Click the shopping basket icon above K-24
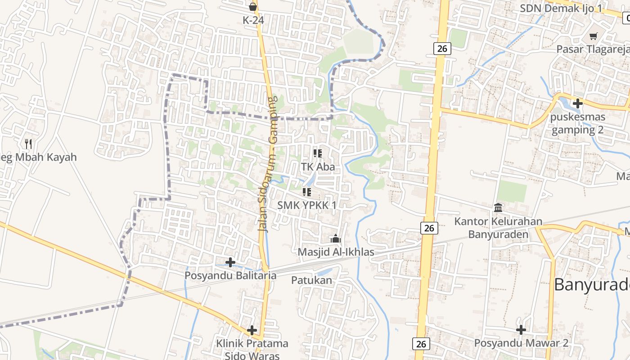253,7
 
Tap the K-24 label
253,20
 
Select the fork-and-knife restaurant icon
28,144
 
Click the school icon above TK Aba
318,153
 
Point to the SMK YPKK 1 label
307,205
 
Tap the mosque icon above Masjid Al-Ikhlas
336,238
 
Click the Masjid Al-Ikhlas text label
336,252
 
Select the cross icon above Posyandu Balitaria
230,262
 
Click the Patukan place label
311,280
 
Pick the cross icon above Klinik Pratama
252,330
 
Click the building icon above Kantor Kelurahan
499,207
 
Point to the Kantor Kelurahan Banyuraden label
498,228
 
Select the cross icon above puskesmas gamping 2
577,103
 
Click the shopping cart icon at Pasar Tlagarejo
594,36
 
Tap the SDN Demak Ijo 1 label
561,8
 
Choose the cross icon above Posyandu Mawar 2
521,330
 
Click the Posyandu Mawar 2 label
521,343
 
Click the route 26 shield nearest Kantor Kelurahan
429,228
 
